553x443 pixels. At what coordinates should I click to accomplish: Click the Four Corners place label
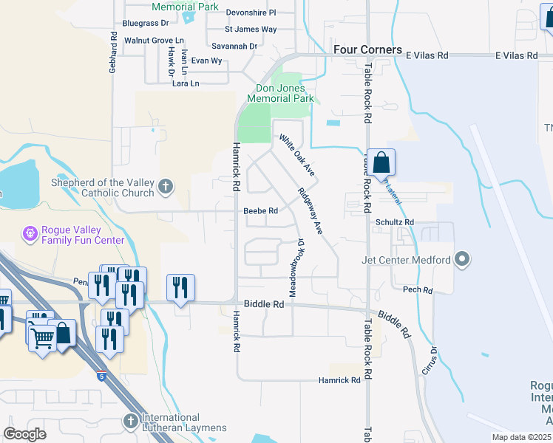(x=367, y=49)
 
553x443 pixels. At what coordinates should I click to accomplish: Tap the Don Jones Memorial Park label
(x=280, y=93)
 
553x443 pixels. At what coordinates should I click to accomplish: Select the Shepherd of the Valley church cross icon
(x=166, y=187)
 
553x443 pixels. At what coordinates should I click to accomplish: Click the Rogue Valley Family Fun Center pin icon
(x=30, y=234)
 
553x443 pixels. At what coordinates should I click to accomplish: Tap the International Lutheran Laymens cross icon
(x=130, y=421)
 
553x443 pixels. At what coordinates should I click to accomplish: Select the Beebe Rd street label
(x=260, y=211)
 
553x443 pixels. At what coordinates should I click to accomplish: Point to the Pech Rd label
(x=418, y=290)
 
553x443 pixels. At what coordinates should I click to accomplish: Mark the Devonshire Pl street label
(x=250, y=13)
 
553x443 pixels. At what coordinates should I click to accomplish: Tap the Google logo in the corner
(x=25, y=433)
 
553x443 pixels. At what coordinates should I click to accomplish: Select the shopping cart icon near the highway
(x=42, y=338)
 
